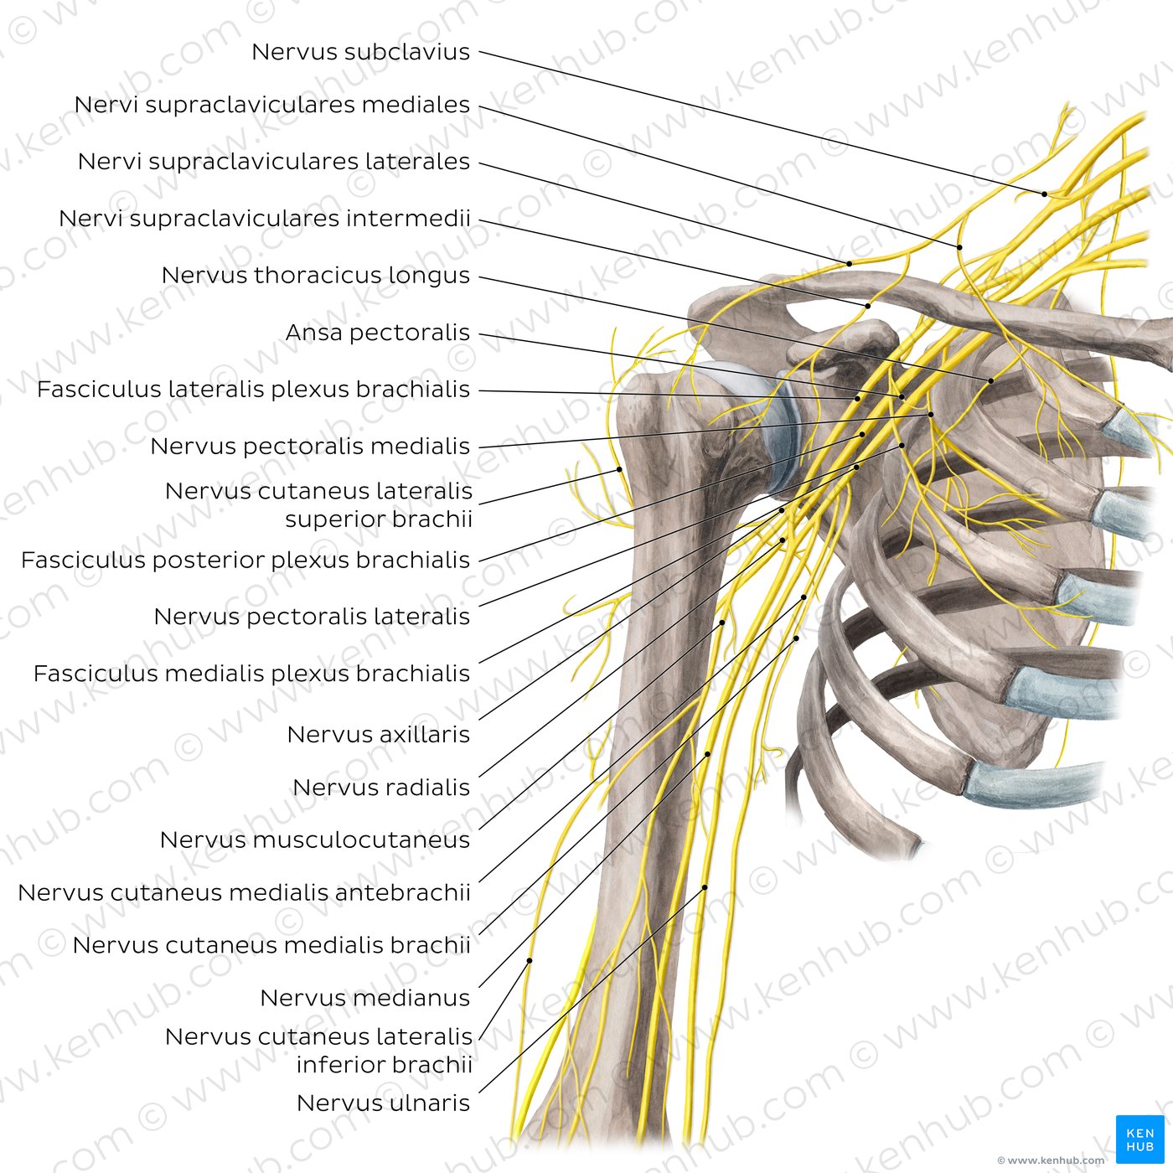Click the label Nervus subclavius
click(360, 52)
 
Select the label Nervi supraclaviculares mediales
click(272, 105)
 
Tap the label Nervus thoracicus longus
click(315, 275)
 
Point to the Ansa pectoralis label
click(377, 333)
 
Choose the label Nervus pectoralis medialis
click(310, 447)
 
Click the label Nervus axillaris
click(378, 735)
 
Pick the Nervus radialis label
click(381, 788)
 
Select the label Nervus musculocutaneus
click(315, 840)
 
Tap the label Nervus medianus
click(364, 998)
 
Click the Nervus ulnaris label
click(383, 1103)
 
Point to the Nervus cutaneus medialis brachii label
click(271, 945)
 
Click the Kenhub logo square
click(1139, 1139)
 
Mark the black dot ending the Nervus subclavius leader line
click(1045, 194)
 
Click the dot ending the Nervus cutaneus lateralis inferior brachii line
click(530, 960)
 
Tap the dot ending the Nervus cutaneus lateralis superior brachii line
click(619, 469)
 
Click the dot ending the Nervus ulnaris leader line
click(705, 887)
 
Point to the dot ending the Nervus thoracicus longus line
click(991, 381)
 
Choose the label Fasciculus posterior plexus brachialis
click(245, 560)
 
